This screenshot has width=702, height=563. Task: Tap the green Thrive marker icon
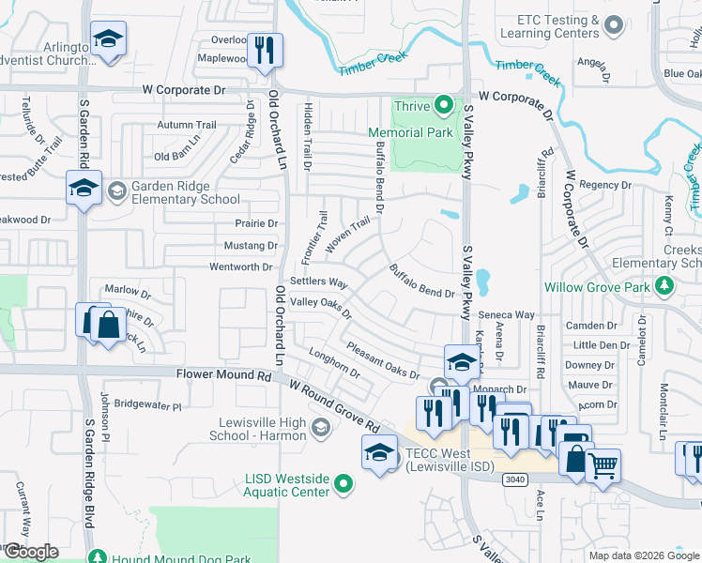[x=445, y=106]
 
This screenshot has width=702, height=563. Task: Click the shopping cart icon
[x=603, y=464]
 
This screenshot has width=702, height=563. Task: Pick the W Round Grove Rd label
[x=334, y=406]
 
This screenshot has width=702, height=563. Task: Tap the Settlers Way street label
[x=319, y=282]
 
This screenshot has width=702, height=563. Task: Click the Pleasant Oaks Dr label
[x=382, y=361]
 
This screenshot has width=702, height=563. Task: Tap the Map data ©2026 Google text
[x=643, y=555]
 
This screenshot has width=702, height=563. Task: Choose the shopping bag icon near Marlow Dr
[x=109, y=326]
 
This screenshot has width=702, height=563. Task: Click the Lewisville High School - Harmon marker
[x=320, y=429]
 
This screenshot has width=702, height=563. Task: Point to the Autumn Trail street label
[x=187, y=125]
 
